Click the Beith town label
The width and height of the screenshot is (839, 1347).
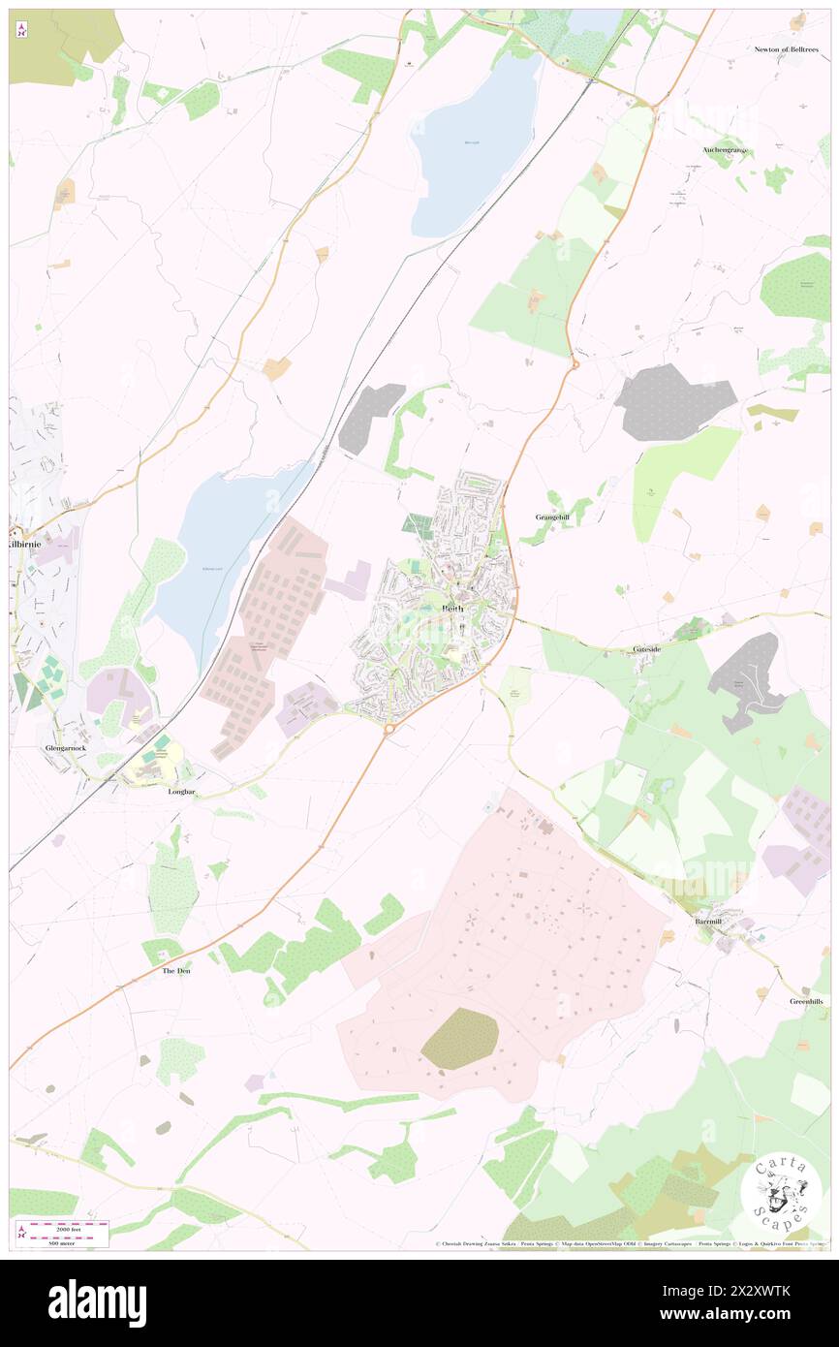pos(452,609)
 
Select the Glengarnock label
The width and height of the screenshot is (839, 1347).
pos(64,749)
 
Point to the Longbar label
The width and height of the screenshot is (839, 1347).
pos(182,791)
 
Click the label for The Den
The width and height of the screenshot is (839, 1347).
pos(175,970)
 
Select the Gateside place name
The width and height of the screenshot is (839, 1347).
pos(646,648)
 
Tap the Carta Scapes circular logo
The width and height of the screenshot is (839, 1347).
pos(781,1192)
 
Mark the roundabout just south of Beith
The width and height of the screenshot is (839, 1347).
pos(388,728)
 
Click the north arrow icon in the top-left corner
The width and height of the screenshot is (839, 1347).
pos(21,30)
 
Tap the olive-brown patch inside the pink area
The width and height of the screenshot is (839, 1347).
pos(460,1038)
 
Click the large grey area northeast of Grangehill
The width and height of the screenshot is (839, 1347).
pos(673,401)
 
